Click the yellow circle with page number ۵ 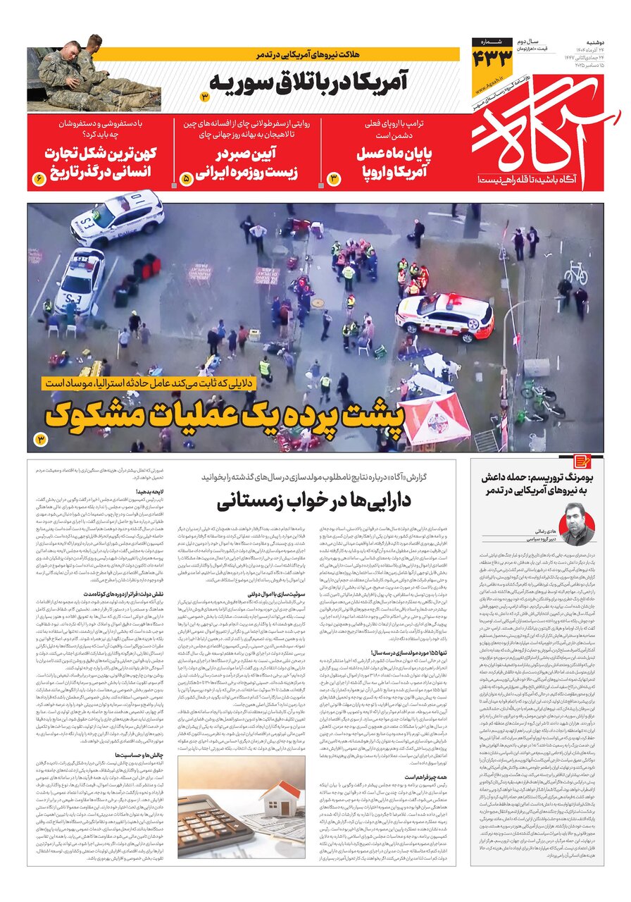[x=187, y=179]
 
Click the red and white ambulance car [x=444, y=316]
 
